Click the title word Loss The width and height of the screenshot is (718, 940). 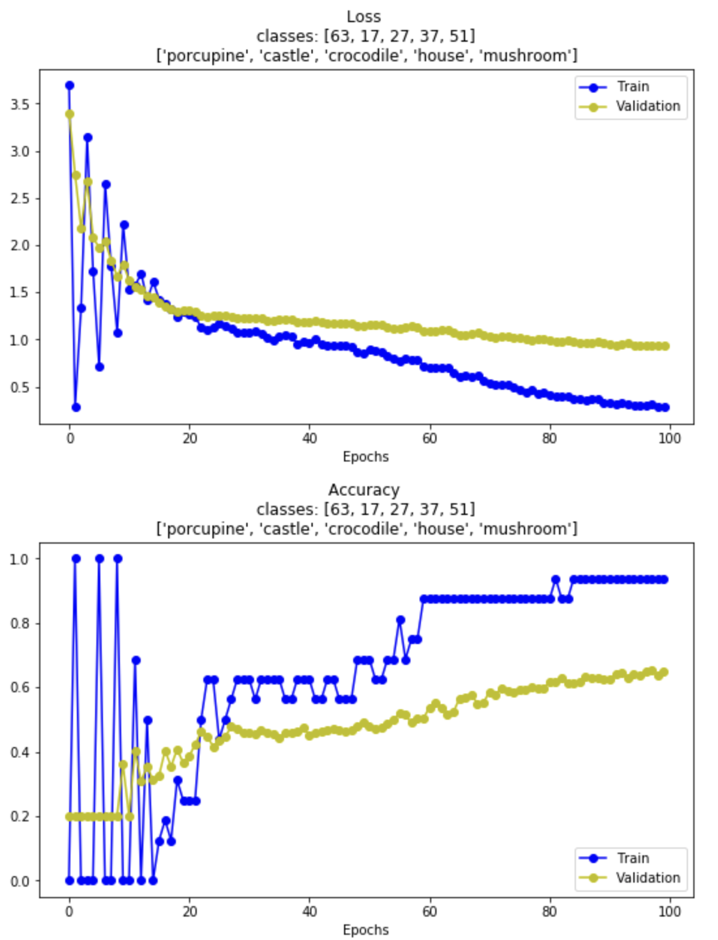[363, 16]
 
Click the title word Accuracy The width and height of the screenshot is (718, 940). [364, 490]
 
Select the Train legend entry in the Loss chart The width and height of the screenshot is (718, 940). [632, 87]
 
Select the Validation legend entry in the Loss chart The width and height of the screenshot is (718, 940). [648, 106]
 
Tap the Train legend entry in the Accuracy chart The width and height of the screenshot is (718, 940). [632, 859]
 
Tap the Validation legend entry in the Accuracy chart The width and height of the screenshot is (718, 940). [648, 878]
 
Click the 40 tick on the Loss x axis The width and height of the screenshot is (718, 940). [309, 438]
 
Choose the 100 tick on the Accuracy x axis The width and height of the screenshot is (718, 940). [669, 911]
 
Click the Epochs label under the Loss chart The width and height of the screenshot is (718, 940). [366, 457]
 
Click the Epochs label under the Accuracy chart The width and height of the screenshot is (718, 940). [366, 930]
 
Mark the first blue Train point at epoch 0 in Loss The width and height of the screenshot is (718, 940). [70, 85]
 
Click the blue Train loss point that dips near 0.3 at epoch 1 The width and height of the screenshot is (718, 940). [76, 407]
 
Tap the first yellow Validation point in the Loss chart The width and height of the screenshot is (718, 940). [70, 114]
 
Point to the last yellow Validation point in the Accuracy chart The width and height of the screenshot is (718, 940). [664, 672]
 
